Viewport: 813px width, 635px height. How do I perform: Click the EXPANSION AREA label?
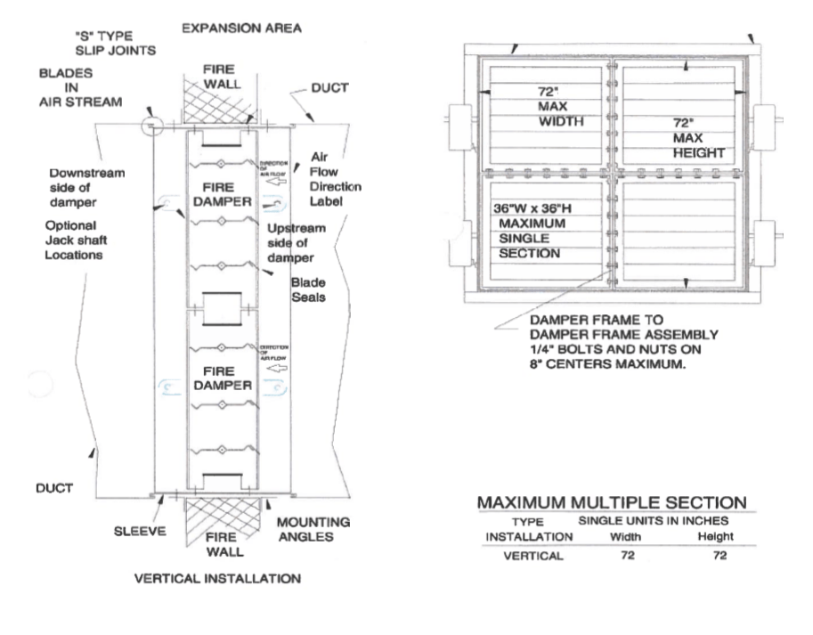click(240, 28)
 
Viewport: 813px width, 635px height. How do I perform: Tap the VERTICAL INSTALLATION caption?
click(217, 577)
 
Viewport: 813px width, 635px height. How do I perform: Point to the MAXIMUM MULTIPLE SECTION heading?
click(612, 502)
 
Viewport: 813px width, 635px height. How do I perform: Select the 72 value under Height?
click(715, 556)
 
